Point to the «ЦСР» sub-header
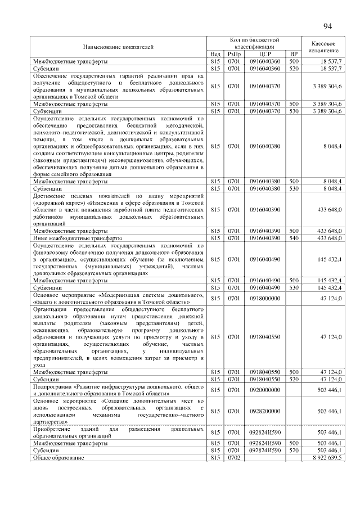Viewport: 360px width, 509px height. [x=265, y=53]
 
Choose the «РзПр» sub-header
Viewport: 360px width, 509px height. [x=233, y=53]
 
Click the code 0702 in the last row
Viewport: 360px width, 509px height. [x=233, y=458]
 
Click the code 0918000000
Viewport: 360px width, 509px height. [x=265, y=299]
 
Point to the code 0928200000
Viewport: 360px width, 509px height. [x=265, y=411]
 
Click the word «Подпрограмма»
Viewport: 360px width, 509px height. [x=52, y=387]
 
